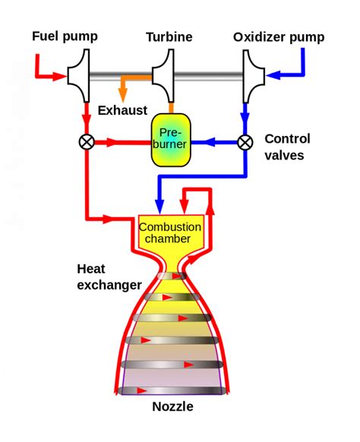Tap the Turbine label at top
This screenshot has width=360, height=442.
(x=169, y=36)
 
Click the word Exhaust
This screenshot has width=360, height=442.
(x=122, y=111)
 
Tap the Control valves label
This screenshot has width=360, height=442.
(x=287, y=147)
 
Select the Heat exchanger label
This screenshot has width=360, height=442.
(x=109, y=277)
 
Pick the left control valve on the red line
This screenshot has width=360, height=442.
(x=87, y=142)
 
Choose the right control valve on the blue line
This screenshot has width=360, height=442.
(x=245, y=142)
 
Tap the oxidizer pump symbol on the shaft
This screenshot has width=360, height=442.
(x=254, y=75)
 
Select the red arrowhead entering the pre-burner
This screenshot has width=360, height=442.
(x=144, y=142)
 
